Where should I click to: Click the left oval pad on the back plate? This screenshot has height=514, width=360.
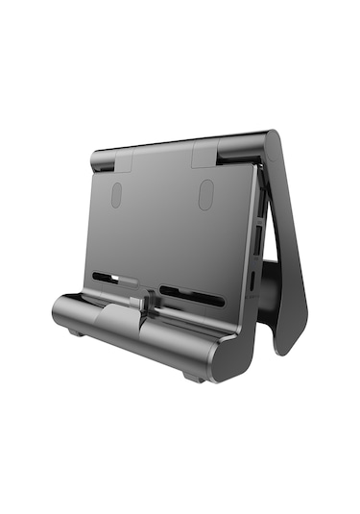point(116,195)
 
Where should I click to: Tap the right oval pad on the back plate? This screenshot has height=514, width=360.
point(205,194)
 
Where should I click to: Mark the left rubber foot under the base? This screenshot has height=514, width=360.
point(74,333)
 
